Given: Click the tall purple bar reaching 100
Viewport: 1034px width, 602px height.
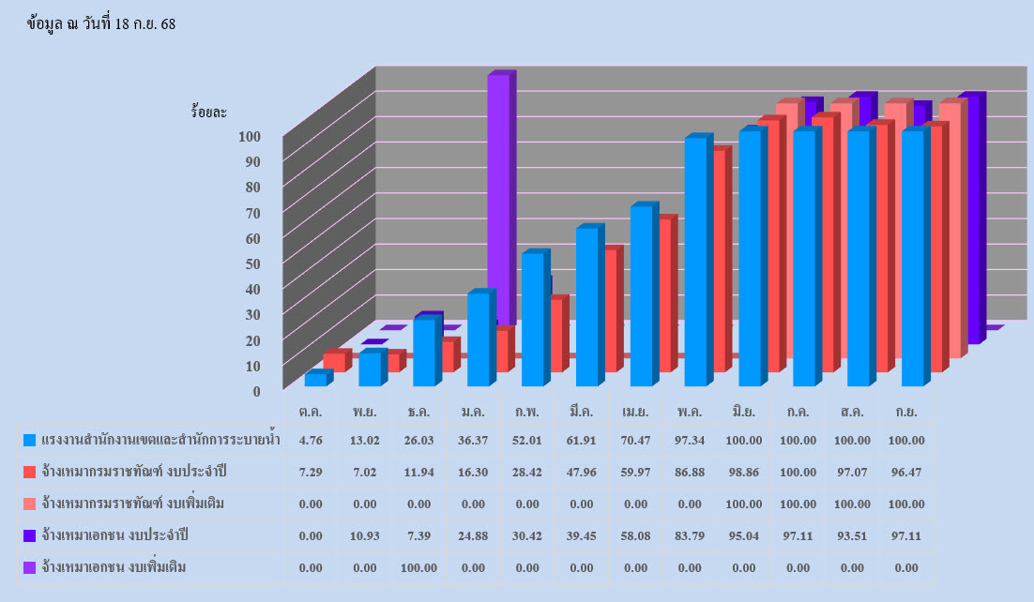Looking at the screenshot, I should click(x=498, y=197).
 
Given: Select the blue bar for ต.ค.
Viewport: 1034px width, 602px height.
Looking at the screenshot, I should click(x=316, y=380).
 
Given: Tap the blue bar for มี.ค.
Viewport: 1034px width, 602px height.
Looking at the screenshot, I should click(x=586, y=308).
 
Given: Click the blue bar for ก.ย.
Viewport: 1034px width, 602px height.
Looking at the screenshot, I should click(x=913, y=258).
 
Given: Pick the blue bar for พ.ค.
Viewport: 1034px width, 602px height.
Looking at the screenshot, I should click(x=695, y=263).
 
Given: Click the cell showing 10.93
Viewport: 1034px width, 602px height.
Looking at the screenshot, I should click(x=365, y=535).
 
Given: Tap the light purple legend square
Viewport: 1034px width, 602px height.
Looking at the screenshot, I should click(x=30, y=567).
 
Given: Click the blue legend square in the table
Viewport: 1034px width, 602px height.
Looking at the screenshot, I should click(x=30, y=441).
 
